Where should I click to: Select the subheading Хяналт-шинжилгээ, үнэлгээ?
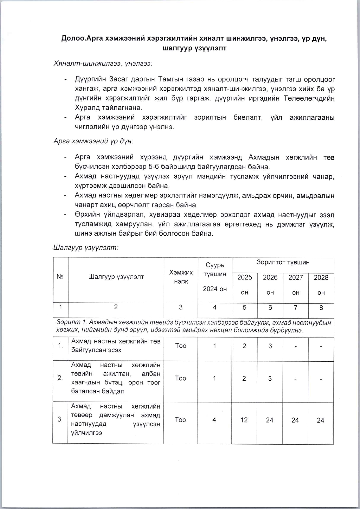point(103,63)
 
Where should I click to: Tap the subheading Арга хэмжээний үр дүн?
point(93,141)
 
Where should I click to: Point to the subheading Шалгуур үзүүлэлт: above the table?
point(86,247)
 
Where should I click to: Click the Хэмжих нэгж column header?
point(181,277)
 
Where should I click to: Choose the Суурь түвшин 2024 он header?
point(215,277)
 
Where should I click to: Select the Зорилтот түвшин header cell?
point(283,262)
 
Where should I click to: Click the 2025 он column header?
point(245,285)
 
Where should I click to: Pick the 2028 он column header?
point(321,285)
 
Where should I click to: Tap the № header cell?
point(60,277)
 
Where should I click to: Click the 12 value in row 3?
point(244,420)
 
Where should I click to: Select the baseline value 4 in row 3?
point(214,420)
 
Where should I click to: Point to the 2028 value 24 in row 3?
point(320,420)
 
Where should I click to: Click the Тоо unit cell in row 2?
point(181,378)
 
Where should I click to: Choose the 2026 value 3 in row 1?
point(270,346)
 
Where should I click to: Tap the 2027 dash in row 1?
point(295,346)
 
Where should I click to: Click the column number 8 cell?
point(321,308)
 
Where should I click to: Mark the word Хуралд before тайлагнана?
point(86,108)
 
